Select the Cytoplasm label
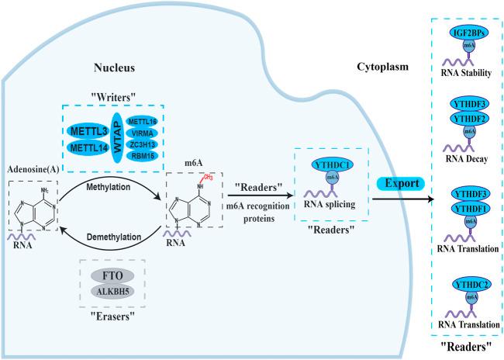[378, 67]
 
